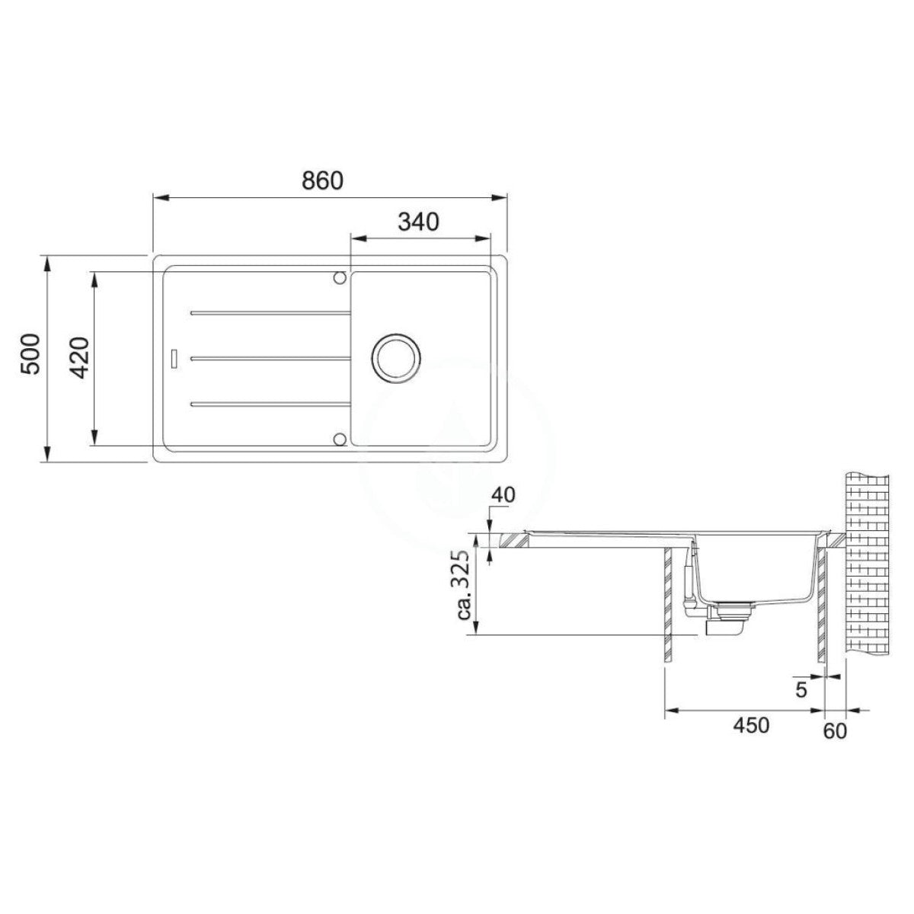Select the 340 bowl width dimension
tap(418, 222)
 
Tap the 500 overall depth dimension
tap(32, 354)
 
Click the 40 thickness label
tap(502, 495)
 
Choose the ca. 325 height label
tap(465, 586)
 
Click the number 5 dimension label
tap(801, 703)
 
